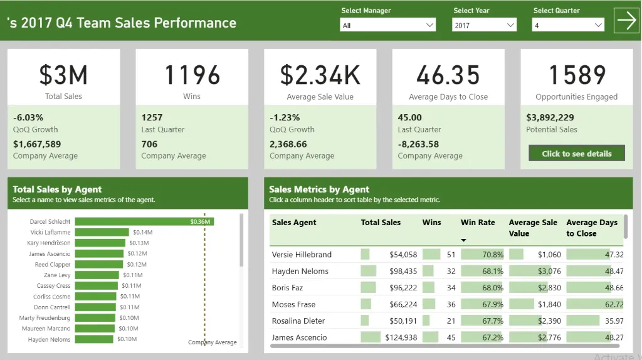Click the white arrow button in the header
pyautogui.click(x=626, y=21)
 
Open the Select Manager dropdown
pyautogui.click(x=387, y=25)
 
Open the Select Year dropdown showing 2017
pyautogui.click(x=484, y=25)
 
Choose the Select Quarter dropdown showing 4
pyautogui.click(x=568, y=25)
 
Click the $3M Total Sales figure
pyautogui.click(x=63, y=75)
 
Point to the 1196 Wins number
pyautogui.click(x=192, y=75)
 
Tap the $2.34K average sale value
pyautogui.click(x=320, y=75)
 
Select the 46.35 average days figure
pyautogui.click(x=448, y=75)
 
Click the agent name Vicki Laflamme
pyautogui.click(x=50, y=232)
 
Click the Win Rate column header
pyautogui.click(x=478, y=223)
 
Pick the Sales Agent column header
pyautogui.click(x=294, y=223)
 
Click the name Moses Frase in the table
pyautogui.click(x=293, y=304)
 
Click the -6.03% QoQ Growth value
pyautogui.click(x=28, y=117)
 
